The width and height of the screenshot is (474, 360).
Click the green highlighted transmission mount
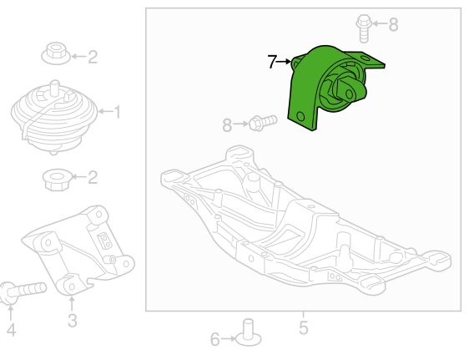pos(330,88)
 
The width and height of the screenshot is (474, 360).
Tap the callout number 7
pos(273,62)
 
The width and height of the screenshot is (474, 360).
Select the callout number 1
pos(117,110)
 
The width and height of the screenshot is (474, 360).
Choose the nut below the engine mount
pos(56,178)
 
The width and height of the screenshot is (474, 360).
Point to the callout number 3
pos(72,320)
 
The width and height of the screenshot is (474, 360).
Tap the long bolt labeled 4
pos(25,291)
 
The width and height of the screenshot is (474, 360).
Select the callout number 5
pos(303,327)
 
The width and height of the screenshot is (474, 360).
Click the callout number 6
pos(214,339)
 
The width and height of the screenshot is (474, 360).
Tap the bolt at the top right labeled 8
pos(365,27)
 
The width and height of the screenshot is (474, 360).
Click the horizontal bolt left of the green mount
pos(259,124)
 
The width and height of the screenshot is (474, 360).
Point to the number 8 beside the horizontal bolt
pos(227,126)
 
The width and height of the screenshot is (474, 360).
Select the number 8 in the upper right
pos(393,25)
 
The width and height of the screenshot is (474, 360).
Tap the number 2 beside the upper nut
pos(93,58)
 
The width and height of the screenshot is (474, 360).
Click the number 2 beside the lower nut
pos(93,177)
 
